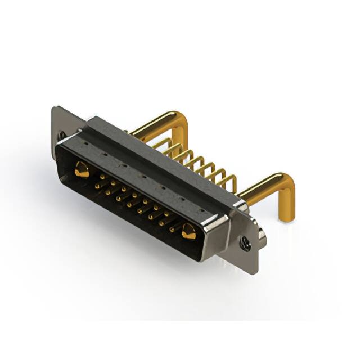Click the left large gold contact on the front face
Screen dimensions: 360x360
[x=82, y=170]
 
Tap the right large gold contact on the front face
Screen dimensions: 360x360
[x=188, y=231]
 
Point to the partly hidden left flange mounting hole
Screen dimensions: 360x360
[x=61, y=135]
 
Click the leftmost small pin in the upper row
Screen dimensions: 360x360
[x=102, y=177]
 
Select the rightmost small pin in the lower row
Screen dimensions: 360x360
[x=173, y=229]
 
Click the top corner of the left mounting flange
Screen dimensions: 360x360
[x=55, y=108]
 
